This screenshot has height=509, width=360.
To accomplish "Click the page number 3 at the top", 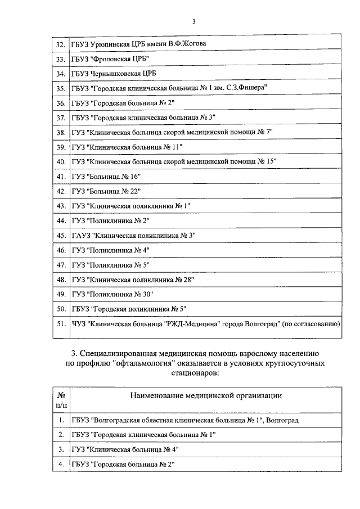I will tap(193, 22).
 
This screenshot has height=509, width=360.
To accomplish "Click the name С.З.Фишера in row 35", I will tap(247, 88).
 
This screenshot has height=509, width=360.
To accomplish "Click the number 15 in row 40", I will tap(271, 161).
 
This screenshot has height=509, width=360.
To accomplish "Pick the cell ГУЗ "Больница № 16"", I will tap(106, 176).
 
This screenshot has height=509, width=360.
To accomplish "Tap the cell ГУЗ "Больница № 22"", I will tap(106, 191).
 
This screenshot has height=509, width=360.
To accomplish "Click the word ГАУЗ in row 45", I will tap(80, 235).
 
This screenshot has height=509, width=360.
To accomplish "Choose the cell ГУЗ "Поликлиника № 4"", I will tap(111, 250).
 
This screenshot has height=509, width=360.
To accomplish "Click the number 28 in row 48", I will tap(181, 279).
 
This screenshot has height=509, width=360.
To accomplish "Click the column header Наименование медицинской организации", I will tap(206, 395).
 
